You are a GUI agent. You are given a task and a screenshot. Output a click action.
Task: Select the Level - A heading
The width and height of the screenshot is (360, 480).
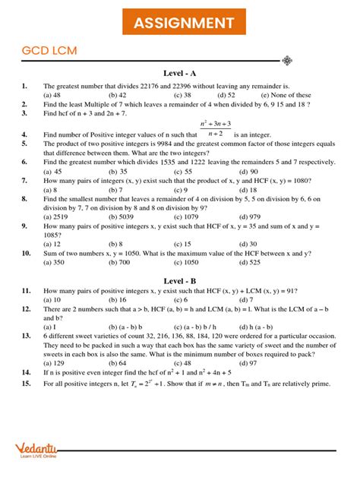tap(180, 73)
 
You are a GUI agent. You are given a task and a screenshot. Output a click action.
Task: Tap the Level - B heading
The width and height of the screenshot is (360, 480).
tap(180, 280)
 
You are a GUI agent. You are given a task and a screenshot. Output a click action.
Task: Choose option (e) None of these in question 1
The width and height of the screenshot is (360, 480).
tap(286, 96)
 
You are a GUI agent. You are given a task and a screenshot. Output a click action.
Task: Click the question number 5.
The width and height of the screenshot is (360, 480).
tap(25, 143)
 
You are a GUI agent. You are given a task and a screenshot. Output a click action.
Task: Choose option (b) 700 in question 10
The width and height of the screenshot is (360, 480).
tap(118, 262)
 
